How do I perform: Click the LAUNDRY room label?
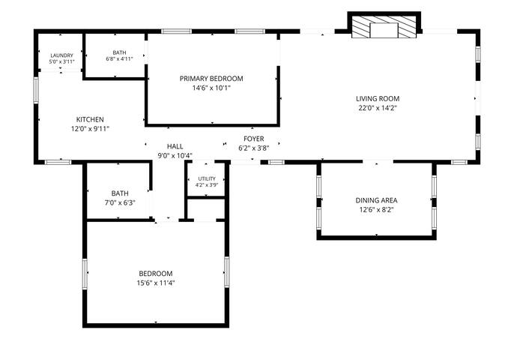point(61,55)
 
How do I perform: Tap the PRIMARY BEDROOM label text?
point(211,79)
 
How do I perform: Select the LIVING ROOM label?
point(378,98)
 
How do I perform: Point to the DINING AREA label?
point(376,200)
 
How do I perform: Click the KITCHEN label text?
point(90,119)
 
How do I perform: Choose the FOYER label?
point(254,139)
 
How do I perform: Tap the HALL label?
point(175,146)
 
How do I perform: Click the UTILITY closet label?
point(207,178)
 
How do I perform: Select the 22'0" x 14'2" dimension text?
point(378,108)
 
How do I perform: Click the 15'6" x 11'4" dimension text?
point(156,283)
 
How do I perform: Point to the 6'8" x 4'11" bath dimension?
point(119,59)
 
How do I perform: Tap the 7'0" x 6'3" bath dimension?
point(120,202)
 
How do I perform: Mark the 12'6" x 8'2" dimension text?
point(376,210)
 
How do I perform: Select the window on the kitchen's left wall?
point(36,90)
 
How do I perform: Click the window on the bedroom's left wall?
point(85,274)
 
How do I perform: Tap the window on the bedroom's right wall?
point(226,272)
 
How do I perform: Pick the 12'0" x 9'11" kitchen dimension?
point(90,129)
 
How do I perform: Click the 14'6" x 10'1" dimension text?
point(211,88)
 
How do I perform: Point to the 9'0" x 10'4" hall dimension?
point(175,155)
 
